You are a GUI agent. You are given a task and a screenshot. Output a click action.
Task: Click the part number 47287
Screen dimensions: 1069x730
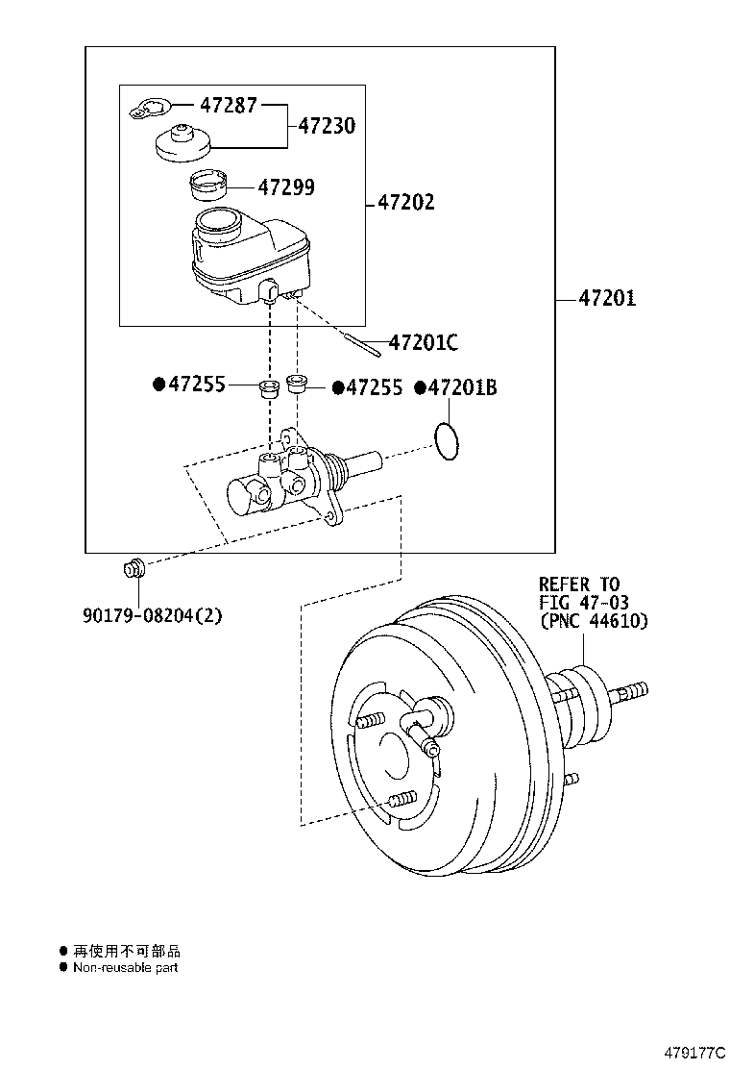tap(228, 106)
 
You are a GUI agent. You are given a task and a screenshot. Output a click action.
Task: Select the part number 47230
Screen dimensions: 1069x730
tap(326, 126)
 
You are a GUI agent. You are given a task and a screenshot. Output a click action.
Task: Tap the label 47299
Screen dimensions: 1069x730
tap(285, 187)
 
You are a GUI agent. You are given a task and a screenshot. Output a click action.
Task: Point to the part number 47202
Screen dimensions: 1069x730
tap(405, 203)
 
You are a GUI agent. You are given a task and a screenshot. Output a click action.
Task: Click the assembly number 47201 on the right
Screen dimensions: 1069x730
tap(607, 299)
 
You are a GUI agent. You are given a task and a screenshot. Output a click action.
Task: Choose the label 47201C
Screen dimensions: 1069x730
tap(424, 342)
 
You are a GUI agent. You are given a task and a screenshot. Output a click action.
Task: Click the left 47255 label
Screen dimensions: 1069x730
tap(197, 385)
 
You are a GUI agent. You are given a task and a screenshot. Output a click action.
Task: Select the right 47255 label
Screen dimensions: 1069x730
tap(375, 387)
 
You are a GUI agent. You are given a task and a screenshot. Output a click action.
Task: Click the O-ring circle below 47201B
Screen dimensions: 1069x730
tap(446, 440)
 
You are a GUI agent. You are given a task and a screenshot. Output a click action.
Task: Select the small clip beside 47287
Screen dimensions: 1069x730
tap(149, 111)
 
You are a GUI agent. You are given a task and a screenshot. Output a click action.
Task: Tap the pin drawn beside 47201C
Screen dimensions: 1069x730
tap(360, 337)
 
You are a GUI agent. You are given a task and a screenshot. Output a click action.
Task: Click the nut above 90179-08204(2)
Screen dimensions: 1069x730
tap(134, 569)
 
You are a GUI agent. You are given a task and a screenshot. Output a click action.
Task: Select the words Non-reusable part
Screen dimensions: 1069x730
tap(125, 968)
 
